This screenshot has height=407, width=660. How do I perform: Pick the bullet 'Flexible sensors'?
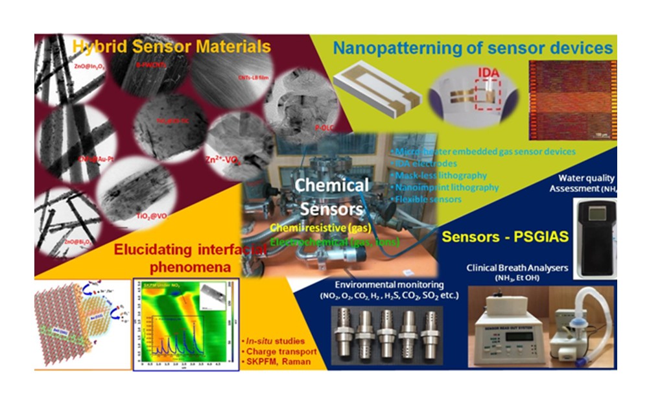pyautogui.click(x=428, y=199)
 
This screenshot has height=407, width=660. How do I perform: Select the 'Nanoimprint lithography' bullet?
pyautogui.click(x=447, y=187)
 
